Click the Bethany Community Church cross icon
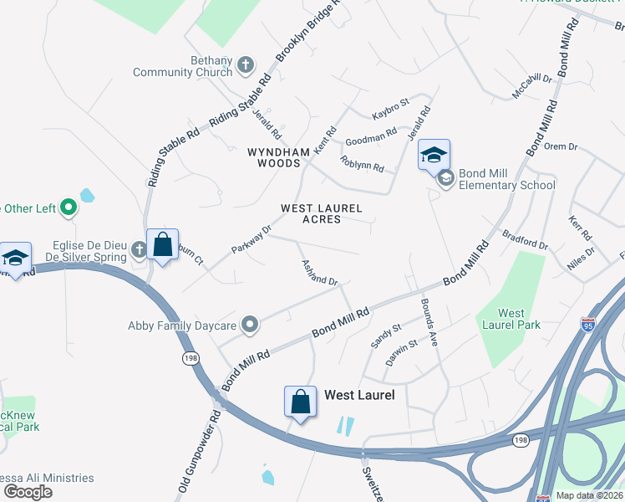click(x=246, y=64)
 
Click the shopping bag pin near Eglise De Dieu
click(x=162, y=246)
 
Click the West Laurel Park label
click(x=509, y=319)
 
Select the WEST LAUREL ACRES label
click(x=321, y=213)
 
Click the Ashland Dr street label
click(x=318, y=271)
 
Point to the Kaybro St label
click(x=390, y=109)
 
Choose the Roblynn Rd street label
click(x=362, y=162)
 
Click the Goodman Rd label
click(x=371, y=136)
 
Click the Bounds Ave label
click(x=429, y=321)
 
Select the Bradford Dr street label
click(x=525, y=241)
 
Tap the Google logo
click(x=28, y=491)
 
